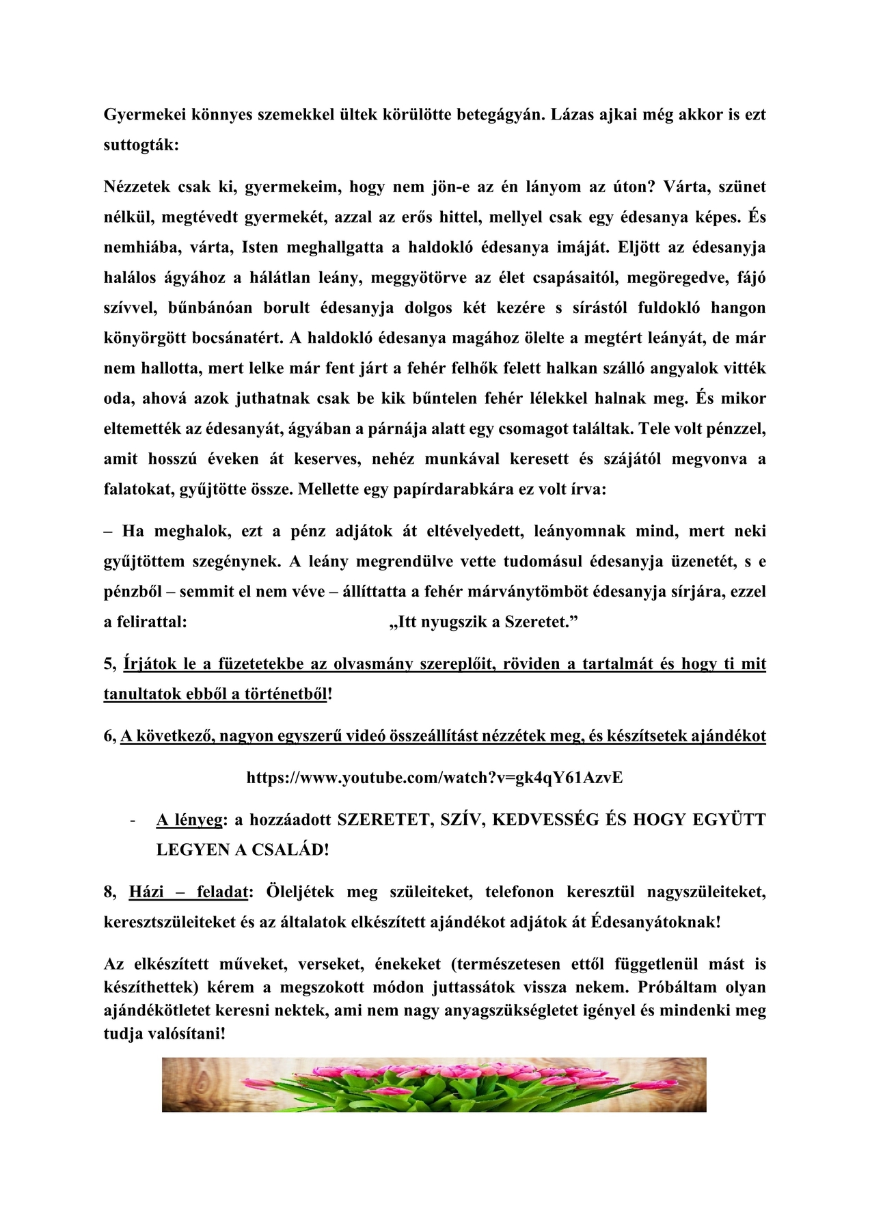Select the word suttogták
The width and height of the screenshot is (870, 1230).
(x=141, y=146)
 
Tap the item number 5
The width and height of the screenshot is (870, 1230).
(x=110, y=664)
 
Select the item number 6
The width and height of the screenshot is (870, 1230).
(x=110, y=736)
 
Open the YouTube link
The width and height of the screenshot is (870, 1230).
(x=434, y=778)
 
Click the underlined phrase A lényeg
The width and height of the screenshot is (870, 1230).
(x=189, y=820)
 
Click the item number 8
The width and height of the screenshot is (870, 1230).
(x=110, y=892)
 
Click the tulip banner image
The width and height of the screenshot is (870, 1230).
(x=434, y=1084)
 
